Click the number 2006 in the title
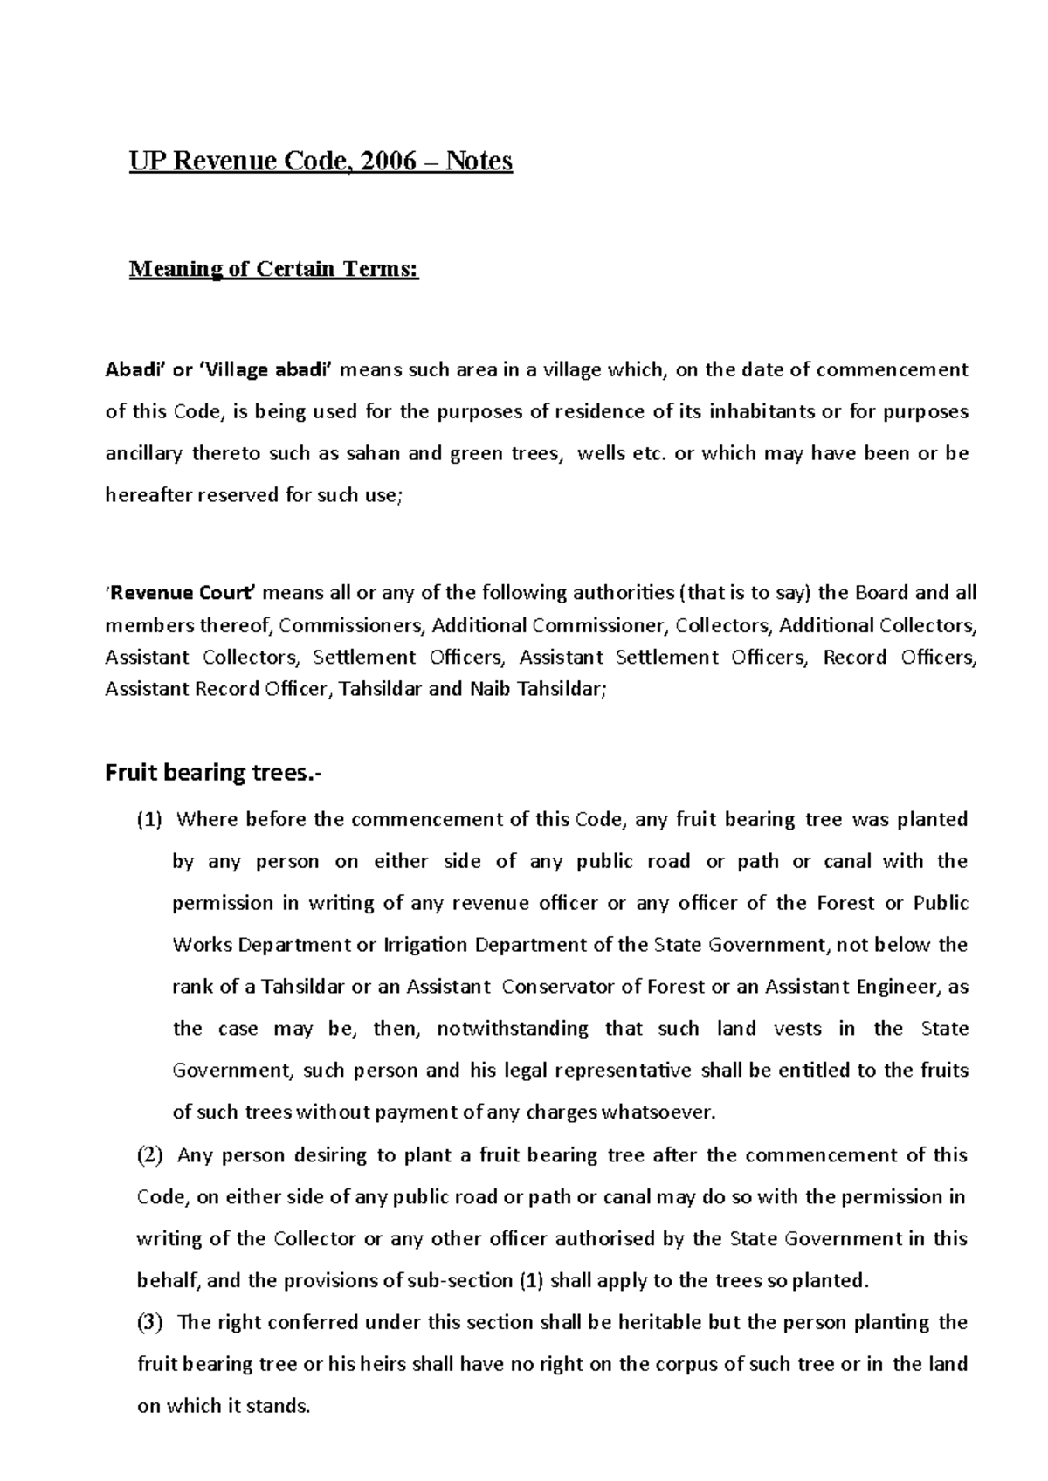392,162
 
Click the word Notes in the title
479,162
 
